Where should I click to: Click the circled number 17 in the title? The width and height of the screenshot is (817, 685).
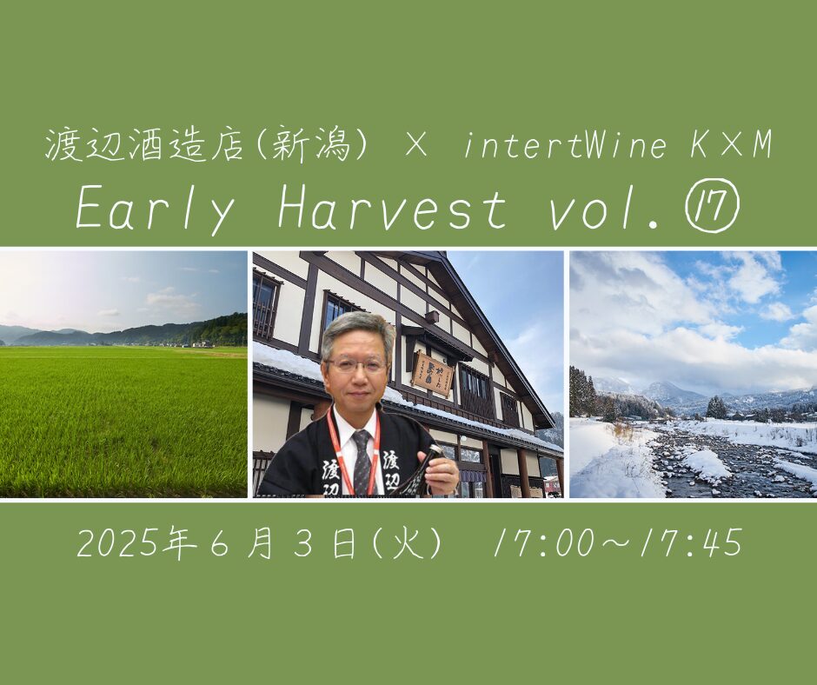[x=714, y=209]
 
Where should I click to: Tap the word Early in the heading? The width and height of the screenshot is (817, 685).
[x=155, y=210]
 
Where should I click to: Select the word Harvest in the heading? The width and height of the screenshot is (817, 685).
[x=392, y=209]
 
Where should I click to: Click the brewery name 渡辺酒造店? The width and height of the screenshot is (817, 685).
[x=144, y=145]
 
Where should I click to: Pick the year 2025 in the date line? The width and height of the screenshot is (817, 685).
[x=119, y=543]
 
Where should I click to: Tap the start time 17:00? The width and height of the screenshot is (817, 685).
[x=543, y=543]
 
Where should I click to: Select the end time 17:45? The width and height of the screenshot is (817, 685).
[x=692, y=543]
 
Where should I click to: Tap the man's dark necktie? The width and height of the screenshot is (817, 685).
[x=362, y=462]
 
